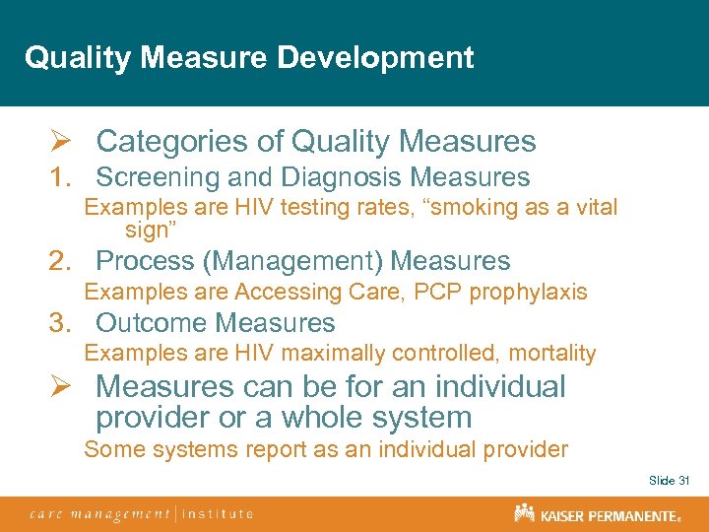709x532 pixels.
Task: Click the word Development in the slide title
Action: (x=375, y=57)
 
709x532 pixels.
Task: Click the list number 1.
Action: (x=61, y=178)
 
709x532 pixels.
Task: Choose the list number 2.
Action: (x=62, y=261)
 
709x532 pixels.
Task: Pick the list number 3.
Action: (x=62, y=323)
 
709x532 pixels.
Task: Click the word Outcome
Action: (x=152, y=323)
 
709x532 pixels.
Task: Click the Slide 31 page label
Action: (x=669, y=480)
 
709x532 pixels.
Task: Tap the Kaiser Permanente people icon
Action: (x=523, y=512)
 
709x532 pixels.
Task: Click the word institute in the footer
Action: (x=218, y=513)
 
